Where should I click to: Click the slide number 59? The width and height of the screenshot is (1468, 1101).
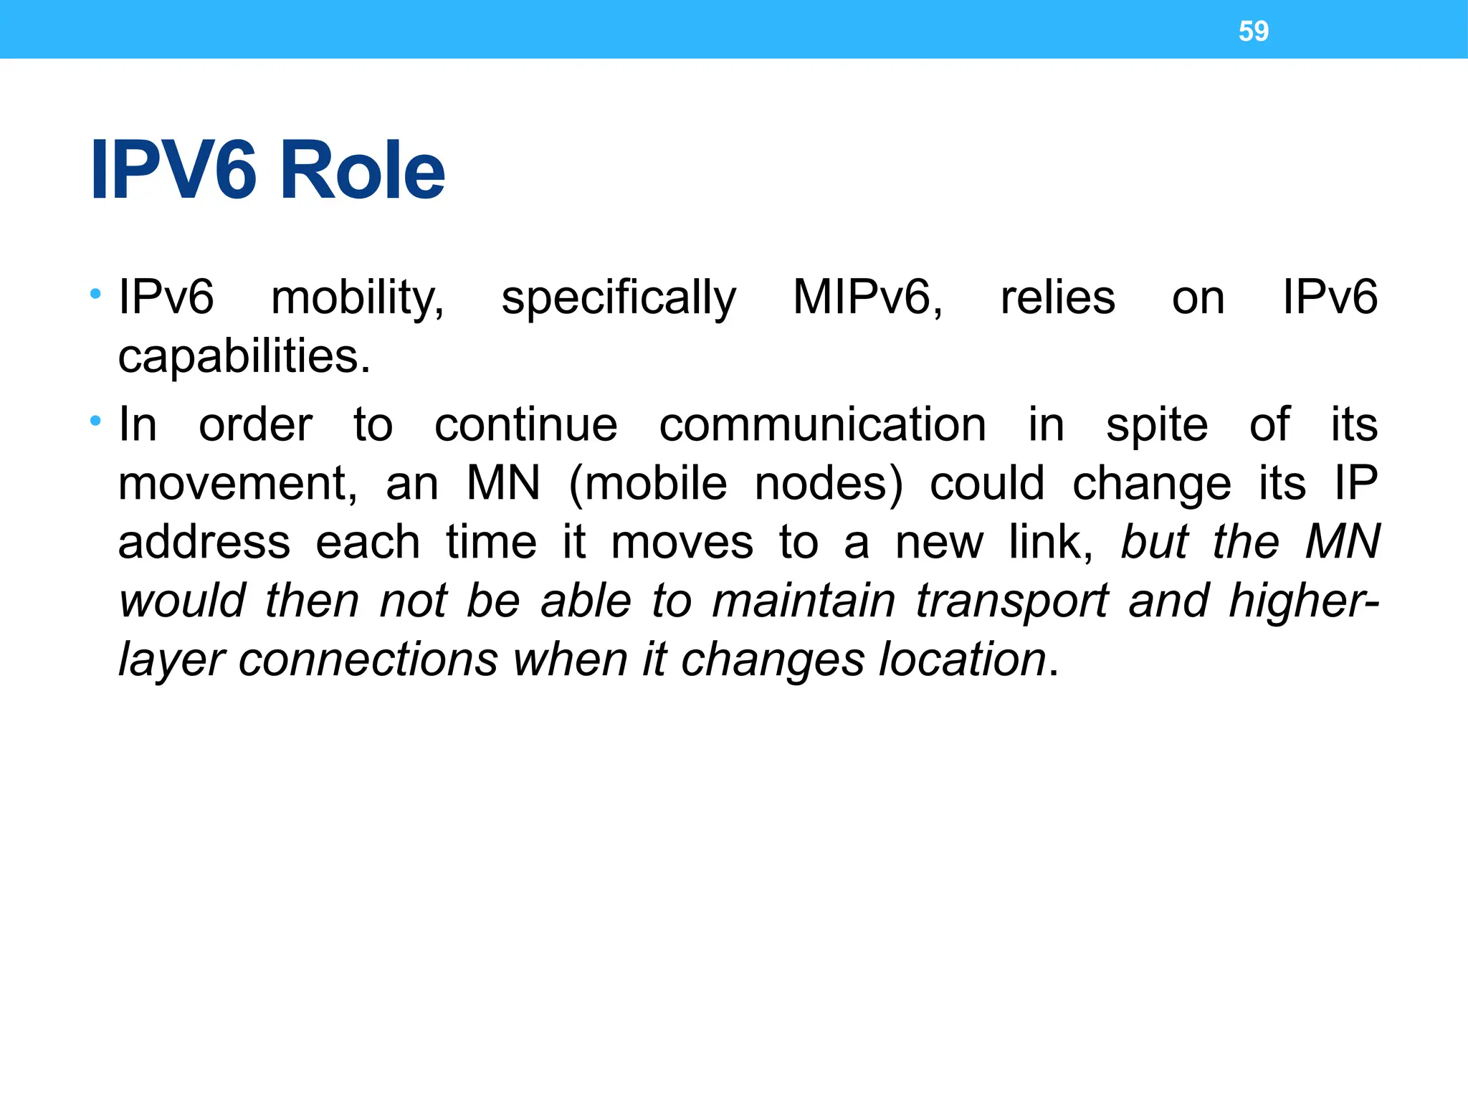pos(1253,32)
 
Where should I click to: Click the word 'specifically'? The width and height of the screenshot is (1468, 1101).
pos(618,298)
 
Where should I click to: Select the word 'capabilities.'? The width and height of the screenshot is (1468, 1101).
pos(244,356)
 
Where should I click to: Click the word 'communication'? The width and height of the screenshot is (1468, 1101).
pos(822,424)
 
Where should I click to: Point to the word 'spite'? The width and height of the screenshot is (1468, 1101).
pos(1156,426)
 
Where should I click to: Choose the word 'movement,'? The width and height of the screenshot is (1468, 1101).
pos(237,483)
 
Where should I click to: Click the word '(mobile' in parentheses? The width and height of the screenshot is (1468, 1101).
pos(648,483)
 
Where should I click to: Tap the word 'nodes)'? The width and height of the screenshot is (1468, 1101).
pos(829,483)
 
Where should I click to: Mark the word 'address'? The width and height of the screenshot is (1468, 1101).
pos(204,542)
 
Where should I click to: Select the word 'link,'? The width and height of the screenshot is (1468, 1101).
pos(1051,542)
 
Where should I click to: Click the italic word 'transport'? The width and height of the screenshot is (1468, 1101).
pos(1011,601)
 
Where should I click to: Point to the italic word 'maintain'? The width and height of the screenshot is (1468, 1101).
pos(804,601)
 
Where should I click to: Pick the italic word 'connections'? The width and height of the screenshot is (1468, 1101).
pos(368,659)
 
